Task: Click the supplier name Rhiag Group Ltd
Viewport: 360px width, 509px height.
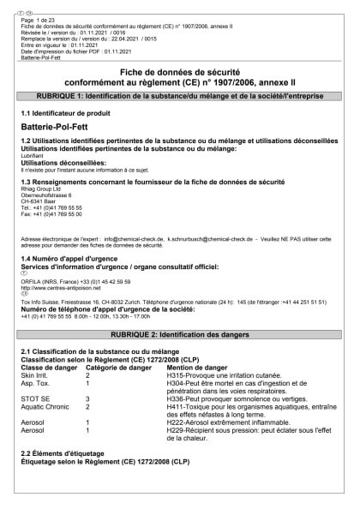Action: point(43,189)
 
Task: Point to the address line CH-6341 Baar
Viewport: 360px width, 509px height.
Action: point(39,201)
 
